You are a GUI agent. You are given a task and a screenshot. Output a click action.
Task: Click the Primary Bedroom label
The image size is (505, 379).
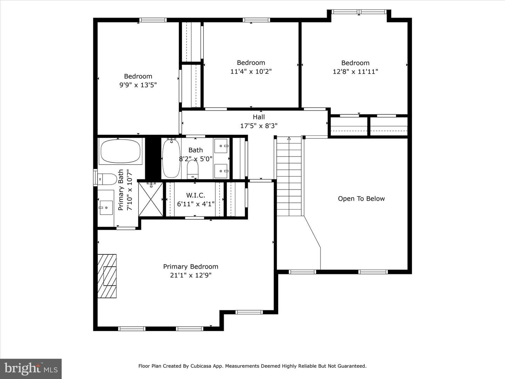tap(190, 266)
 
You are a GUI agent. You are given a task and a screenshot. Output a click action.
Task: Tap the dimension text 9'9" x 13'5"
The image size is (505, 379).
tap(138, 85)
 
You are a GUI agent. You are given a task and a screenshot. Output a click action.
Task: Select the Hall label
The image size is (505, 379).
tap(258, 117)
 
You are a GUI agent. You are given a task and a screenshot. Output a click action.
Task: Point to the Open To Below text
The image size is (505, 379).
tap(361, 199)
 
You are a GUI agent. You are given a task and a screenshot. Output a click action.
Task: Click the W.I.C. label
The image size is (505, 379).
tap(196, 195)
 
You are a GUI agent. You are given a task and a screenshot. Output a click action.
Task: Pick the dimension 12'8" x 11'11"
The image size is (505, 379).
tap(355, 72)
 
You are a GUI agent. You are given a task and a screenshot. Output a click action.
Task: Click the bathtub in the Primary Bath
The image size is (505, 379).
tap(121, 151)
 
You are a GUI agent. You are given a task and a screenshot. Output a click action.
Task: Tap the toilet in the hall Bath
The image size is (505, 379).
tap(193, 169)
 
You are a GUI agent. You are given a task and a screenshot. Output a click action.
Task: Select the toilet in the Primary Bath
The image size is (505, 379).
tap(107, 179)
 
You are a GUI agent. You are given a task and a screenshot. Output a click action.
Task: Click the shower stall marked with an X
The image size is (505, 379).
tap(151, 199)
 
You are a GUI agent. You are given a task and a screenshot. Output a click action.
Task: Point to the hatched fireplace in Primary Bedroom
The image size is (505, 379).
tap(107, 276)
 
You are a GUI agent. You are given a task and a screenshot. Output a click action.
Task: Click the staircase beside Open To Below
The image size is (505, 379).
tap(289, 176)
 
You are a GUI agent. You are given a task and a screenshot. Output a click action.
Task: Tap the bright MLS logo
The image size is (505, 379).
tap(31, 368)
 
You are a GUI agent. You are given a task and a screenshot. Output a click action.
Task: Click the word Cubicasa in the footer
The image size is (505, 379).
tap(200, 366)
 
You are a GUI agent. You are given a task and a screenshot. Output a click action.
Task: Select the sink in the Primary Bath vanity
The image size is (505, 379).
tap(106, 208)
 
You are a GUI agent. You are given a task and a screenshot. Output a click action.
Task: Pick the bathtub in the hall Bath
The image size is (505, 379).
tap(171, 158)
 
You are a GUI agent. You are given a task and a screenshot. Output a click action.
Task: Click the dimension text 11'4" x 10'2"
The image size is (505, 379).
tap(251, 72)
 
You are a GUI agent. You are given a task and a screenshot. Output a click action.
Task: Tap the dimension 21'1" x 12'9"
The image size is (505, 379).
tap(190, 275)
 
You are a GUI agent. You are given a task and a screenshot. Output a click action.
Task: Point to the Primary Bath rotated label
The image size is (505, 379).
tap(121, 190)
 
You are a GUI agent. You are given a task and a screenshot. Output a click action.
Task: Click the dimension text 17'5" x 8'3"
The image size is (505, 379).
tap(258, 126)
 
